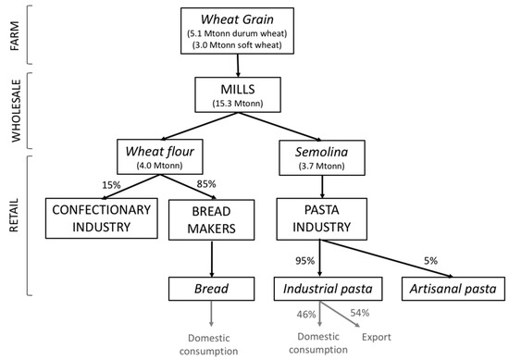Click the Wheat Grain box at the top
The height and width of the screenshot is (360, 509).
point(240,31)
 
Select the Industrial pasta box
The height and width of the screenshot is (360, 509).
point(319,289)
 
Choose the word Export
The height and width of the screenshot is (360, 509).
point(375,338)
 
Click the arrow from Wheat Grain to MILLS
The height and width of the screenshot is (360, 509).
point(240,65)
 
